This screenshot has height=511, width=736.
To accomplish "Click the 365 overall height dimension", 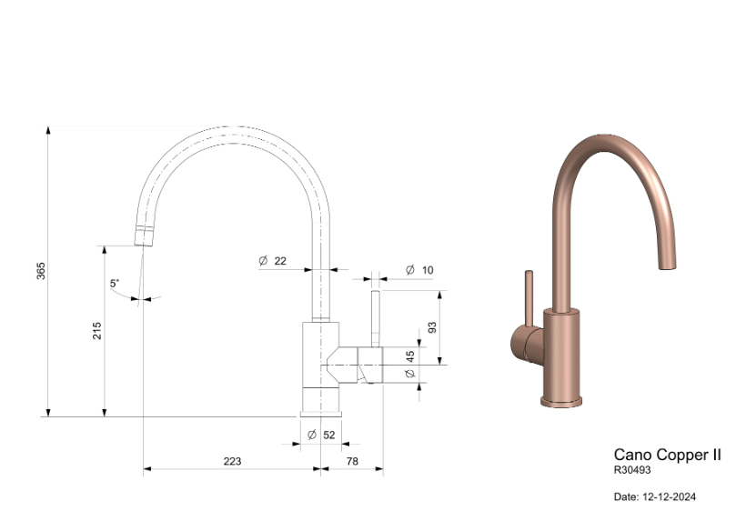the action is pyautogui.click(x=41, y=271).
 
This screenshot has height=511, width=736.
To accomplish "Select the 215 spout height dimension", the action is pyautogui.click(x=96, y=331).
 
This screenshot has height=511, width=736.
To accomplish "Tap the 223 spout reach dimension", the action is pyautogui.click(x=232, y=461).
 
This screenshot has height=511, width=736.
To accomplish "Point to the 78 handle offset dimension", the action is pyautogui.click(x=352, y=461).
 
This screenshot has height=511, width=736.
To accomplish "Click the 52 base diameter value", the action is pyautogui.click(x=329, y=435).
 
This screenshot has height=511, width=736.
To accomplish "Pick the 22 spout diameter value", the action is pyautogui.click(x=280, y=261).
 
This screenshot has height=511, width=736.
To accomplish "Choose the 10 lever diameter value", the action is pyautogui.click(x=428, y=270).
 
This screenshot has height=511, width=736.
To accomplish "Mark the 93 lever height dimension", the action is pyautogui.click(x=432, y=327).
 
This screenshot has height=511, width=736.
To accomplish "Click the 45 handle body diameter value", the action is pyautogui.click(x=410, y=356).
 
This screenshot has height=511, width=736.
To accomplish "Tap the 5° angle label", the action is pyautogui.click(x=115, y=284).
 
